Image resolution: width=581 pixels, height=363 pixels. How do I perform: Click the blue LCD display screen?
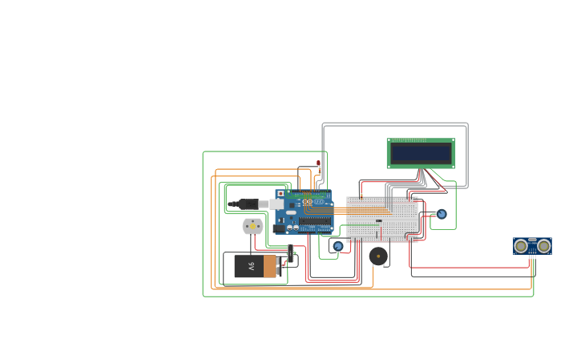tap(421, 153)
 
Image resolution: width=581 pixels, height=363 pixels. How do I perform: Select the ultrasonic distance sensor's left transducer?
tap(522, 245)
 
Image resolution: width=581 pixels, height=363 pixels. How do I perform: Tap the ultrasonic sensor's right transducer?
tap(543, 245)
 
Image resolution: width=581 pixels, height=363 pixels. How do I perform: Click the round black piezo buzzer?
tap(378, 256)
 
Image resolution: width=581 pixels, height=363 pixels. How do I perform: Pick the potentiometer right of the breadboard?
tap(442, 214)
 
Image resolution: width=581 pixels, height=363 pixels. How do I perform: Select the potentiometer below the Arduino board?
tap(337, 246)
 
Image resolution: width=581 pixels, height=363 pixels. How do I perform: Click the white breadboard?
tap(381, 219)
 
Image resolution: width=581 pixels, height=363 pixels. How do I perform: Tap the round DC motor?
tap(252, 227)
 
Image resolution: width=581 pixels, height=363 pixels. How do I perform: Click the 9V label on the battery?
tap(250, 266)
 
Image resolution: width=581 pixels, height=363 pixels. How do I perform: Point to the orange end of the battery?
tap(270, 266)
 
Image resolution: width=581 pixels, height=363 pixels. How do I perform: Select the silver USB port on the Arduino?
tap(276, 204)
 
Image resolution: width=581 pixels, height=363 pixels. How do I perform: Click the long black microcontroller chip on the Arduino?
tap(316, 220)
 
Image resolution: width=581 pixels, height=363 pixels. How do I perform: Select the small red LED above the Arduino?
tap(318, 163)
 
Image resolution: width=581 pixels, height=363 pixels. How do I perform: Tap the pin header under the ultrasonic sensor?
tap(532, 256)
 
